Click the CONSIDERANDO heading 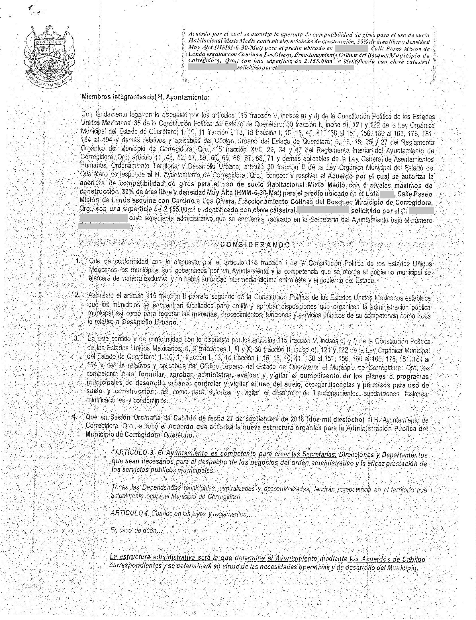point(256,245)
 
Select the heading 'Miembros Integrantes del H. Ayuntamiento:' point(146,97)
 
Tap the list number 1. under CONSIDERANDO point(79,261)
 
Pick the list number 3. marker point(76,338)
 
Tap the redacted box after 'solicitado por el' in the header point(315,68)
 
